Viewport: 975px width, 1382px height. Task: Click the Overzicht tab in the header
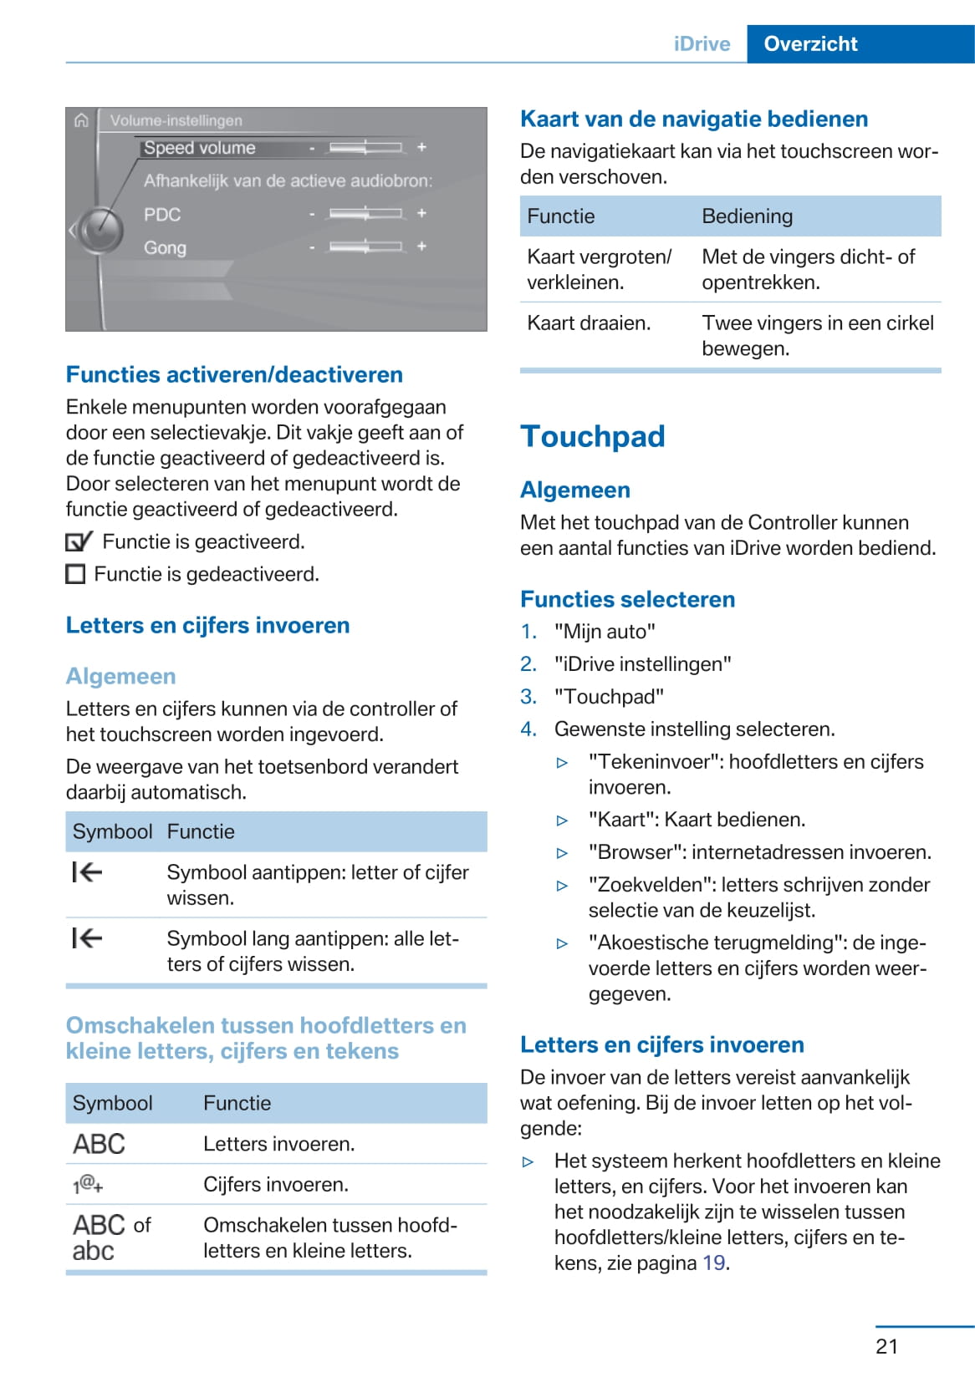(810, 44)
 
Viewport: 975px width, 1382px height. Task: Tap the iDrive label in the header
(702, 44)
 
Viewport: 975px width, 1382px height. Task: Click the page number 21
(886, 1346)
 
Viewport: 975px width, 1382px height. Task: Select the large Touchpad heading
(592, 436)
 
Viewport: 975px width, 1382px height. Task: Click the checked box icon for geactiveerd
(78, 542)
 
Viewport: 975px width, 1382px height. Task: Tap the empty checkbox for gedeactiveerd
(75, 574)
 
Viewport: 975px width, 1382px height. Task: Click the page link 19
(713, 1263)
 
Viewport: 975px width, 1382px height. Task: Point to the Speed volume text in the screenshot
(199, 148)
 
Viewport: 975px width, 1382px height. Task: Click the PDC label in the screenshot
(162, 215)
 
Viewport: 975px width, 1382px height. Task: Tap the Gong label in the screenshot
(165, 248)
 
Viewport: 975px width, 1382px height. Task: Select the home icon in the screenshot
(81, 120)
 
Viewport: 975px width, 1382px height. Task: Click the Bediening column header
(747, 216)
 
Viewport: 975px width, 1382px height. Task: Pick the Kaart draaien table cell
(589, 323)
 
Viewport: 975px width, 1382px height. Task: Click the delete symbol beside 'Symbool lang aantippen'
(87, 938)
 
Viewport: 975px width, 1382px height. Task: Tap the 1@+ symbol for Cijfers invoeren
(88, 1184)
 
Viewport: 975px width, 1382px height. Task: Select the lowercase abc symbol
(93, 1251)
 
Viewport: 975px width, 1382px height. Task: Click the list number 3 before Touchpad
(528, 697)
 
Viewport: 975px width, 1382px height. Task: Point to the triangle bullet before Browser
(563, 853)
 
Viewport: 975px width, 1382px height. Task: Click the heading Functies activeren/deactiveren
(234, 374)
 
